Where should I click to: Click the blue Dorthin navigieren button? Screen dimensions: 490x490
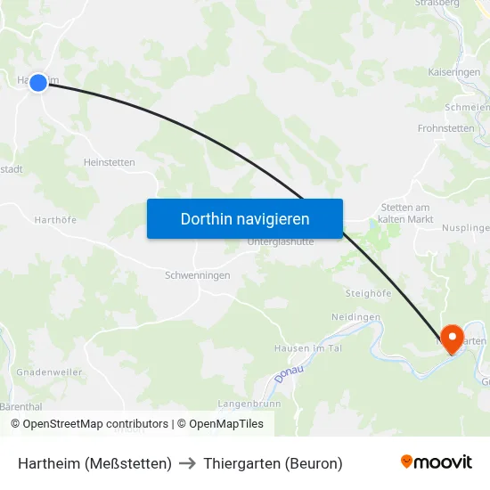tap(245, 218)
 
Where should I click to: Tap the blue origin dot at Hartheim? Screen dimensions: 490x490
tap(38, 82)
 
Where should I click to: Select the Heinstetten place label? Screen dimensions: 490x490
tap(109, 162)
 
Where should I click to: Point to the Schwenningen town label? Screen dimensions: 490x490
tap(198, 275)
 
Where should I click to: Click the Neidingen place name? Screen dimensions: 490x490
tap(356, 317)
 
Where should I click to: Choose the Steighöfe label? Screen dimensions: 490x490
tap(369, 292)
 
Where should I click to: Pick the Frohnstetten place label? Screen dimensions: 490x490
tap(447, 128)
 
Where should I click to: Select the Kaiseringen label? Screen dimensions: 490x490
tap(454, 71)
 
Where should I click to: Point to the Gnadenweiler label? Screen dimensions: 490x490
tap(49, 372)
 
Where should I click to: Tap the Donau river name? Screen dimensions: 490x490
tap(289, 374)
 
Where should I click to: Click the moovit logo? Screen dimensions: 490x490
tap(436, 462)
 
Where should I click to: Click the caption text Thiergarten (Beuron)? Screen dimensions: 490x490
tap(273, 463)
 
